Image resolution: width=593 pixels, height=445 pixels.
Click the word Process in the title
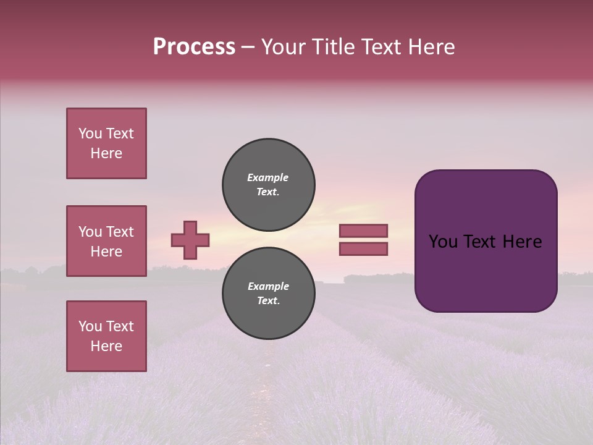click(194, 47)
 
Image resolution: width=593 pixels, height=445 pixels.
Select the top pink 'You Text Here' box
click(106, 143)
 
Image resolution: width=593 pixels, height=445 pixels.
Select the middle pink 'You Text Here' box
click(106, 241)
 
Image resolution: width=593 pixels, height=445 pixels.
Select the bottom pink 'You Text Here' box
click(106, 336)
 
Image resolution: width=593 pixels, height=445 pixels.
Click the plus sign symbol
click(190, 240)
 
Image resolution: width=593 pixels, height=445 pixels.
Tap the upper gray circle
click(269, 184)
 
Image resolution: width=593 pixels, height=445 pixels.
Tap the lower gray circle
click(269, 294)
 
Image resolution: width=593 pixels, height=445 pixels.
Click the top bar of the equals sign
click(363, 231)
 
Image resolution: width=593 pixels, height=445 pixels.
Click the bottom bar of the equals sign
click(363, 249)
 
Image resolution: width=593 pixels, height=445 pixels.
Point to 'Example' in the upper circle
click(268, 177)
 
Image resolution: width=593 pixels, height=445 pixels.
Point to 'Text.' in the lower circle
click(268, 301)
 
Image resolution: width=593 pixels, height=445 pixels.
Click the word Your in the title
click(283, 47)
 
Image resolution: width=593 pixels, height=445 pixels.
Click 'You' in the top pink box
click(90, 133)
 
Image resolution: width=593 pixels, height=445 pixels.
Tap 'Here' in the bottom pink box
click(106, 346)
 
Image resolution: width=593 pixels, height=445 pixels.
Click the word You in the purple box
click(443, 242)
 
